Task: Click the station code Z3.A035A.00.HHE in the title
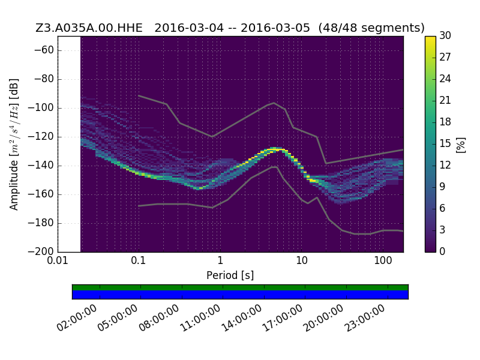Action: click(x=89, y=28)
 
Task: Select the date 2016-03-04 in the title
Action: click(x=189, y=28)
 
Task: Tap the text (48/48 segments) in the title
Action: click(x=371, y=28)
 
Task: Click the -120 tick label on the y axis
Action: click(x=41, y=137)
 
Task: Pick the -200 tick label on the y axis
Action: click(x=41, y=251)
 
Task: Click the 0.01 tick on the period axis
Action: click(x=57, y=260)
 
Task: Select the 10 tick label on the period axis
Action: click(x=302, y=260)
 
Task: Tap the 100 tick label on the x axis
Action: click(x=383, y=260)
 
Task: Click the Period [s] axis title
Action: click(x=230, y=275)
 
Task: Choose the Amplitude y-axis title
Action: click(x=14, y=145)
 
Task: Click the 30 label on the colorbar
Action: click(x=445, y=35)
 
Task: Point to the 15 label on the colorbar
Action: click(x=445, y=143)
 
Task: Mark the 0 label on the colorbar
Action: click(x=442, y=251)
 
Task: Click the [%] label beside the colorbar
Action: click(x=461, y=145)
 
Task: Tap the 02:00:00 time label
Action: click(x=77, y=318)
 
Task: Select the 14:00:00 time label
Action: click(x=242, y=318)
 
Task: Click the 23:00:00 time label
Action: click(x=365, y=318)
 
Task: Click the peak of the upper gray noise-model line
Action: click(x=274, y=103)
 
